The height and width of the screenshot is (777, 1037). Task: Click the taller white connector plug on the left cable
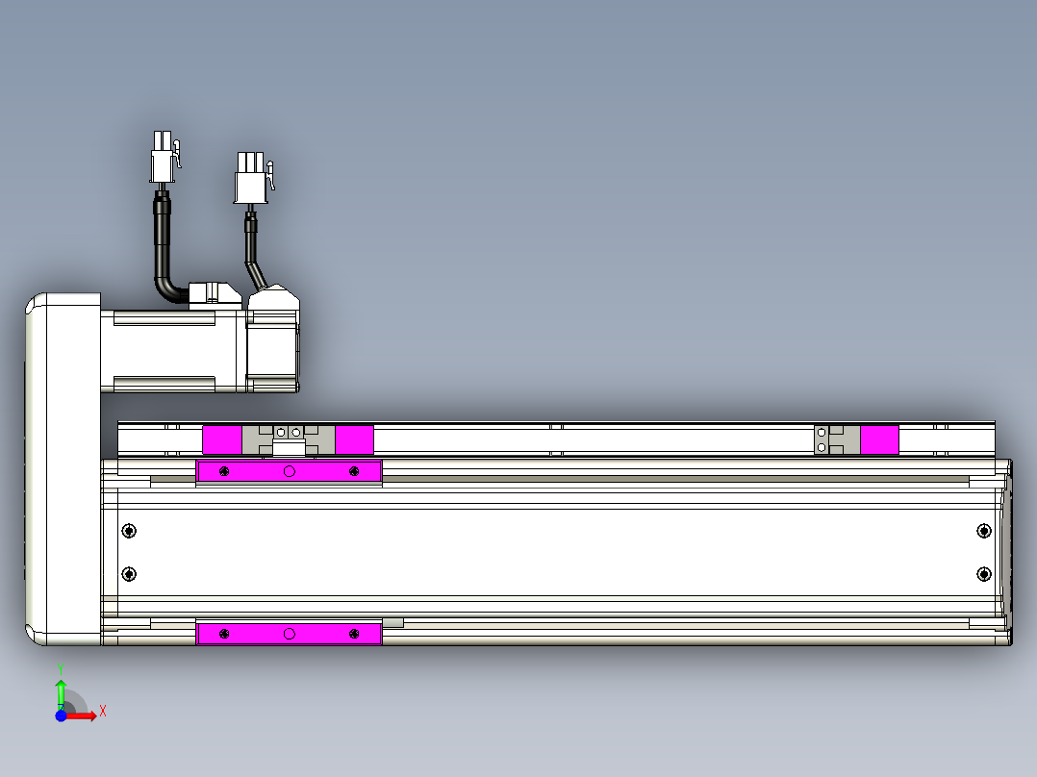(162, 158)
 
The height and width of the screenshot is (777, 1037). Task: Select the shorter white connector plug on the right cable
(249, 179)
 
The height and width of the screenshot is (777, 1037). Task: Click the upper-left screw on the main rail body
(129, 531)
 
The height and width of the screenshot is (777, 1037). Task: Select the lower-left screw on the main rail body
(129, 574)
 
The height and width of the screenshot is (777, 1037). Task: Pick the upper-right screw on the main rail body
(983, 531)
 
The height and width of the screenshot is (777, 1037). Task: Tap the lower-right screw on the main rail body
(983, 574)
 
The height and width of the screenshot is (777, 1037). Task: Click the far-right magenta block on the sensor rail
(878, 440)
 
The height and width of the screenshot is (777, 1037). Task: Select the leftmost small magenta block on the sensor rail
(222, 440)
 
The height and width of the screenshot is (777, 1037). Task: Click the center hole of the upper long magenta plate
(289, 471)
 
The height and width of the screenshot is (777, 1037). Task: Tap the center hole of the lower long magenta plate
(289, 634)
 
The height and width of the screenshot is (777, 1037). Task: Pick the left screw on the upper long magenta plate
(224, 471)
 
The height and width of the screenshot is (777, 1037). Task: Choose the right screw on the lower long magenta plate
(354, 634)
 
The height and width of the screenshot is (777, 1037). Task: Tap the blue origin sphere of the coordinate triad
(61, 715)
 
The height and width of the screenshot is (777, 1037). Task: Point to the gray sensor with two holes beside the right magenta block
(823, 440)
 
